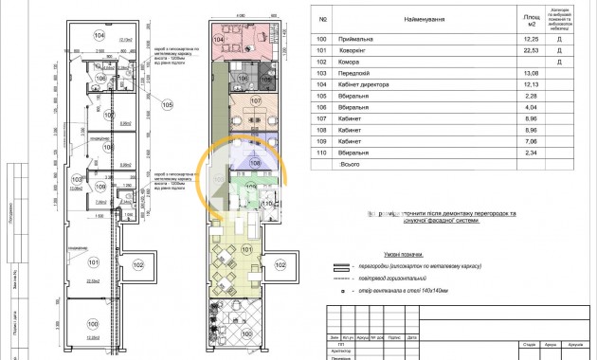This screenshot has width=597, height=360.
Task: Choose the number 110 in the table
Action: [324, 152]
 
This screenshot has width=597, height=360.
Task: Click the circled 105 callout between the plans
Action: [168, 105]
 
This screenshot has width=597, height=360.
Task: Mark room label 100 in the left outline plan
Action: [95, 330]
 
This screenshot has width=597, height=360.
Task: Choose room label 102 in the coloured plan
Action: [280, 266]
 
